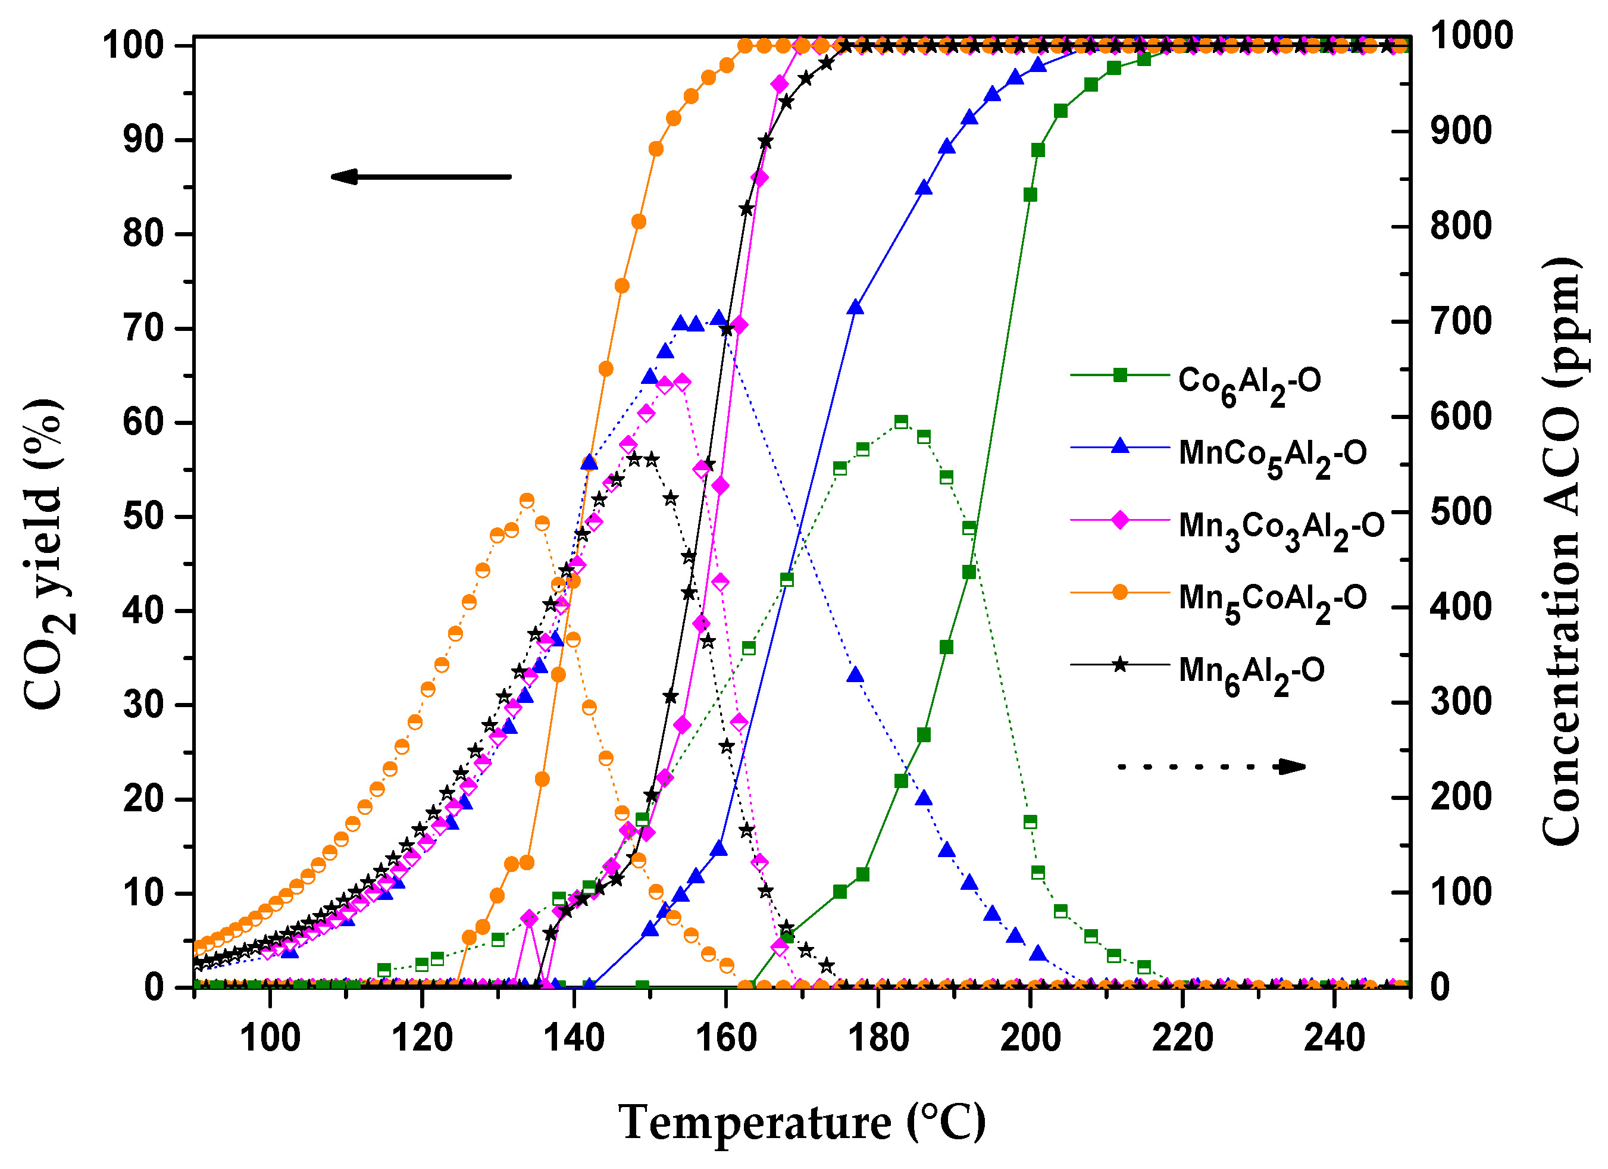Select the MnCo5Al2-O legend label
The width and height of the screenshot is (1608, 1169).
coord(1272,454)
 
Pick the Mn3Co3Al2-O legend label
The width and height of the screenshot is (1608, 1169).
coord(1281,527)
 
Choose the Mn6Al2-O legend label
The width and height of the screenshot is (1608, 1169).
coord(1252,672)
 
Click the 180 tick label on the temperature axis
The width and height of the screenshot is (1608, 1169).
coord(878,1038)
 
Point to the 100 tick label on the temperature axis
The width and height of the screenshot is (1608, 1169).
coord(270,1038)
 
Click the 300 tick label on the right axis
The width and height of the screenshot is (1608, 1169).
coord(1460,702)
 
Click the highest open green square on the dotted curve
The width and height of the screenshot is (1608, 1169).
coord(901,423)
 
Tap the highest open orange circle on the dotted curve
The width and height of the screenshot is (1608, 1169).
coord(527,501)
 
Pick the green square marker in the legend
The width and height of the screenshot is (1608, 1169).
coord(1119,375)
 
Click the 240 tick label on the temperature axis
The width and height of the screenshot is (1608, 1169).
coord(1334,1038)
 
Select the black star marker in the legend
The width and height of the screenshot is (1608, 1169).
coord(1119,665)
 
